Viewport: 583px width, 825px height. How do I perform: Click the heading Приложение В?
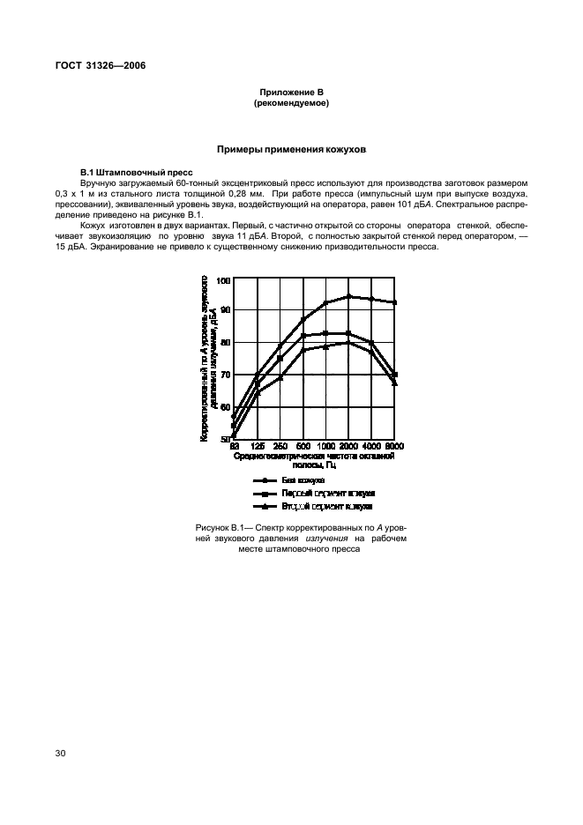point(291,93)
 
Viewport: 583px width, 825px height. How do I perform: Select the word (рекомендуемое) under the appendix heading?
point(291,103)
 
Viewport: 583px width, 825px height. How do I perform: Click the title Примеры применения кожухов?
point(291,150)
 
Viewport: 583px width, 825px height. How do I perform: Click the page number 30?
point(60,753)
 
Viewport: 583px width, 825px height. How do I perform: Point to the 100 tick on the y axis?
point(223,280)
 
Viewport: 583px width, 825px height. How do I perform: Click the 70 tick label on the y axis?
point(224,375)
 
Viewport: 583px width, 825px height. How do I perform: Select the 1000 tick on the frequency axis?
point(325,447)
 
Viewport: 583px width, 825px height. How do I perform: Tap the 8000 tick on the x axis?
point(394,447)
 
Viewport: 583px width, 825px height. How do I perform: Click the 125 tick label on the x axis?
point(257,447)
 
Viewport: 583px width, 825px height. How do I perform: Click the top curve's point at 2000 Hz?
point(348,296)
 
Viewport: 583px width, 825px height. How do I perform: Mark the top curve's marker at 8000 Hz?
point(394,302)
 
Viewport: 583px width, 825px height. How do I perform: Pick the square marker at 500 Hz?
point(303,335)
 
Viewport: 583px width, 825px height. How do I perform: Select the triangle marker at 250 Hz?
point(280,378)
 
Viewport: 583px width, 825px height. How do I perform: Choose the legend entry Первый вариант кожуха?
point(328,494)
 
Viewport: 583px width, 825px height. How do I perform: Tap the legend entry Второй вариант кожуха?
point(326,507)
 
